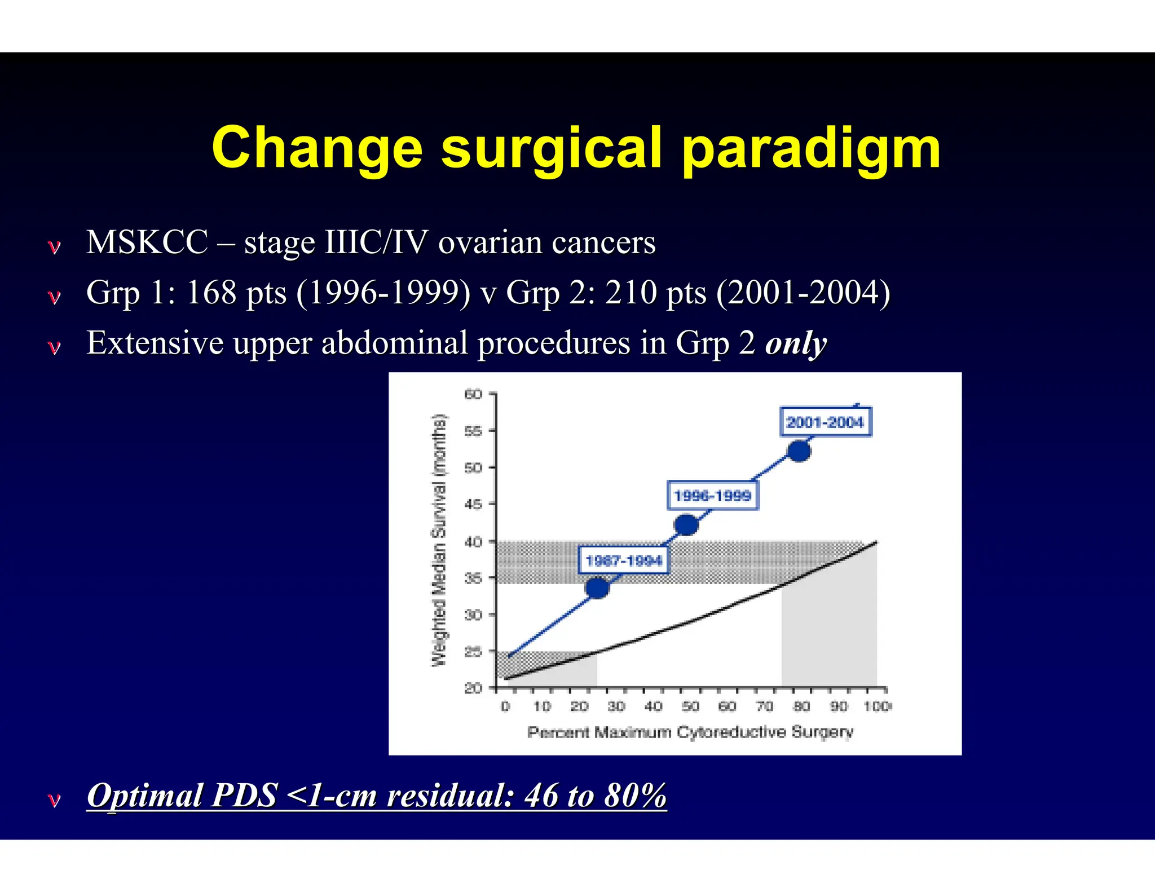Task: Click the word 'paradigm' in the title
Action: [x=811, y=148]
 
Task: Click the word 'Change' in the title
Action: [x=317, y=148]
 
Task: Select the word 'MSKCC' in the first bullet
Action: [x=147, y=242]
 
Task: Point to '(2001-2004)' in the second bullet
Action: [x=803, y=293]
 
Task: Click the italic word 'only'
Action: [x=796, y=343]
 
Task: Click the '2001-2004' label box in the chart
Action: [x=825, y=422]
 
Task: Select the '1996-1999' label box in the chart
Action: [x=713, y=496]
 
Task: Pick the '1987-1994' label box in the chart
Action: [x=624, y=560]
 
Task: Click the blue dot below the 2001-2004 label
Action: [x=799, y=451]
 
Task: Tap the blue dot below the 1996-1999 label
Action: [x=686, y=525]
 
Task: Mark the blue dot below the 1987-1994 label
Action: [x=597, y=588]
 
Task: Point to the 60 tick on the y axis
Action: [x=474, y=394]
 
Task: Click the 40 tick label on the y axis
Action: [x=474, y=542]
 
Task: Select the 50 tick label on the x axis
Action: [x=690, y=706]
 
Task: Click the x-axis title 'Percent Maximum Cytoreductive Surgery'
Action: [x=690, y=732]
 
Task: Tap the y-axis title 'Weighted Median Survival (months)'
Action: [x=439, y=540]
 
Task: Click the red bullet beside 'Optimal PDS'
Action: [x=54, y=800]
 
